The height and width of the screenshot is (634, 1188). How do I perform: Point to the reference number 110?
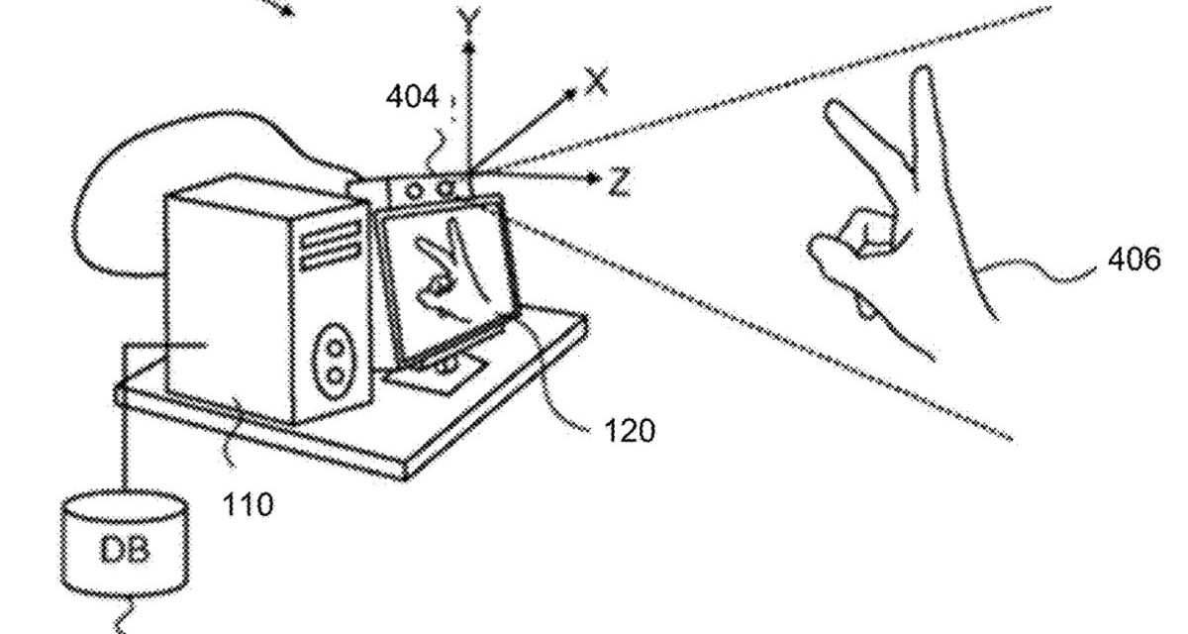[x=247, y=504]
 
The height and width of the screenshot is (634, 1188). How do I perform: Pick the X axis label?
[x=596, y=81]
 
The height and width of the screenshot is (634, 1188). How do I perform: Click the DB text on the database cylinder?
[x=124, y=550]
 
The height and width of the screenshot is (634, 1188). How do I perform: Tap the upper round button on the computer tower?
[x=337, y=347]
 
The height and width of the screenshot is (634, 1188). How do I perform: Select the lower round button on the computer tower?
[x=337, y=375]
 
